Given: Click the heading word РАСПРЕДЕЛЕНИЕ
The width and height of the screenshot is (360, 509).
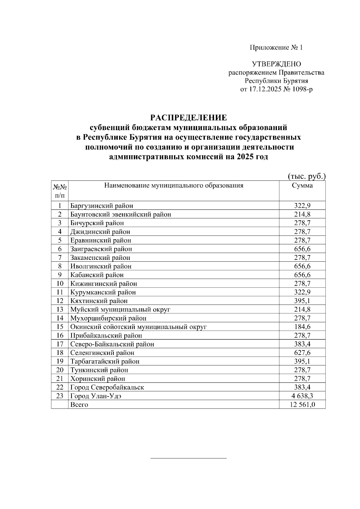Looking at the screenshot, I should pyautogui.click(x=189, y=117).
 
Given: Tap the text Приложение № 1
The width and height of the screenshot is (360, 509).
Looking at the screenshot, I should pyautogui.click(x=276, y=47).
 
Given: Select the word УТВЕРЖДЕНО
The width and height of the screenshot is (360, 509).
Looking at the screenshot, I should pyautogui.click(x=276, y=64).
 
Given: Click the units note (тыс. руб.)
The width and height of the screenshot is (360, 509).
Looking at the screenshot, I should pyautogui.click(x=306, y=176).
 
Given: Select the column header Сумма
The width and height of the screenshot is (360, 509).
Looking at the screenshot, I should pyautogui.click(x=302, y=186).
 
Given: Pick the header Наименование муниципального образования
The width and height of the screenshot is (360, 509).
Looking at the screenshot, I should pyautogui.click(x=174, y=186).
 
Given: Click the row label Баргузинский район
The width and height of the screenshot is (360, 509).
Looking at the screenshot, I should pyautogui.click(x=102, y=206).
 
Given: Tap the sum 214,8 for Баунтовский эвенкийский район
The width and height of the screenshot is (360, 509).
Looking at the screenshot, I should pyautogui.click(x=302, y=214).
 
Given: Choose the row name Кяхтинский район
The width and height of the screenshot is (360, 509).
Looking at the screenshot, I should pyautogui.click(x=99, y=301).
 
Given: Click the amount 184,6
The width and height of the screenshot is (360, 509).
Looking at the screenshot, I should pyautogui.click(x=302, y=327).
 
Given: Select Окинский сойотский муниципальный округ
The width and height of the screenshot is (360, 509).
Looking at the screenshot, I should pyautogui.click(x=138, y=327).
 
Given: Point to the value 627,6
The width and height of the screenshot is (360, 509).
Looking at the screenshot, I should pyautogui.click(x=302, y=353).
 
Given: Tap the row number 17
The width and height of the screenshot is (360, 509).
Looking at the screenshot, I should pyautogui.click(x=60, y=344).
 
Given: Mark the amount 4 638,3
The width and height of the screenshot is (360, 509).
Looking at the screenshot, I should pyautogui.click(x=302, y=396).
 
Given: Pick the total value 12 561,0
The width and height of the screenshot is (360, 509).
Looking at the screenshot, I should pyautogui.click(x=302, y=405).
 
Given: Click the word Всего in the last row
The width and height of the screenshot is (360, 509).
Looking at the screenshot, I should pyautogui.click(x=79, y=405).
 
